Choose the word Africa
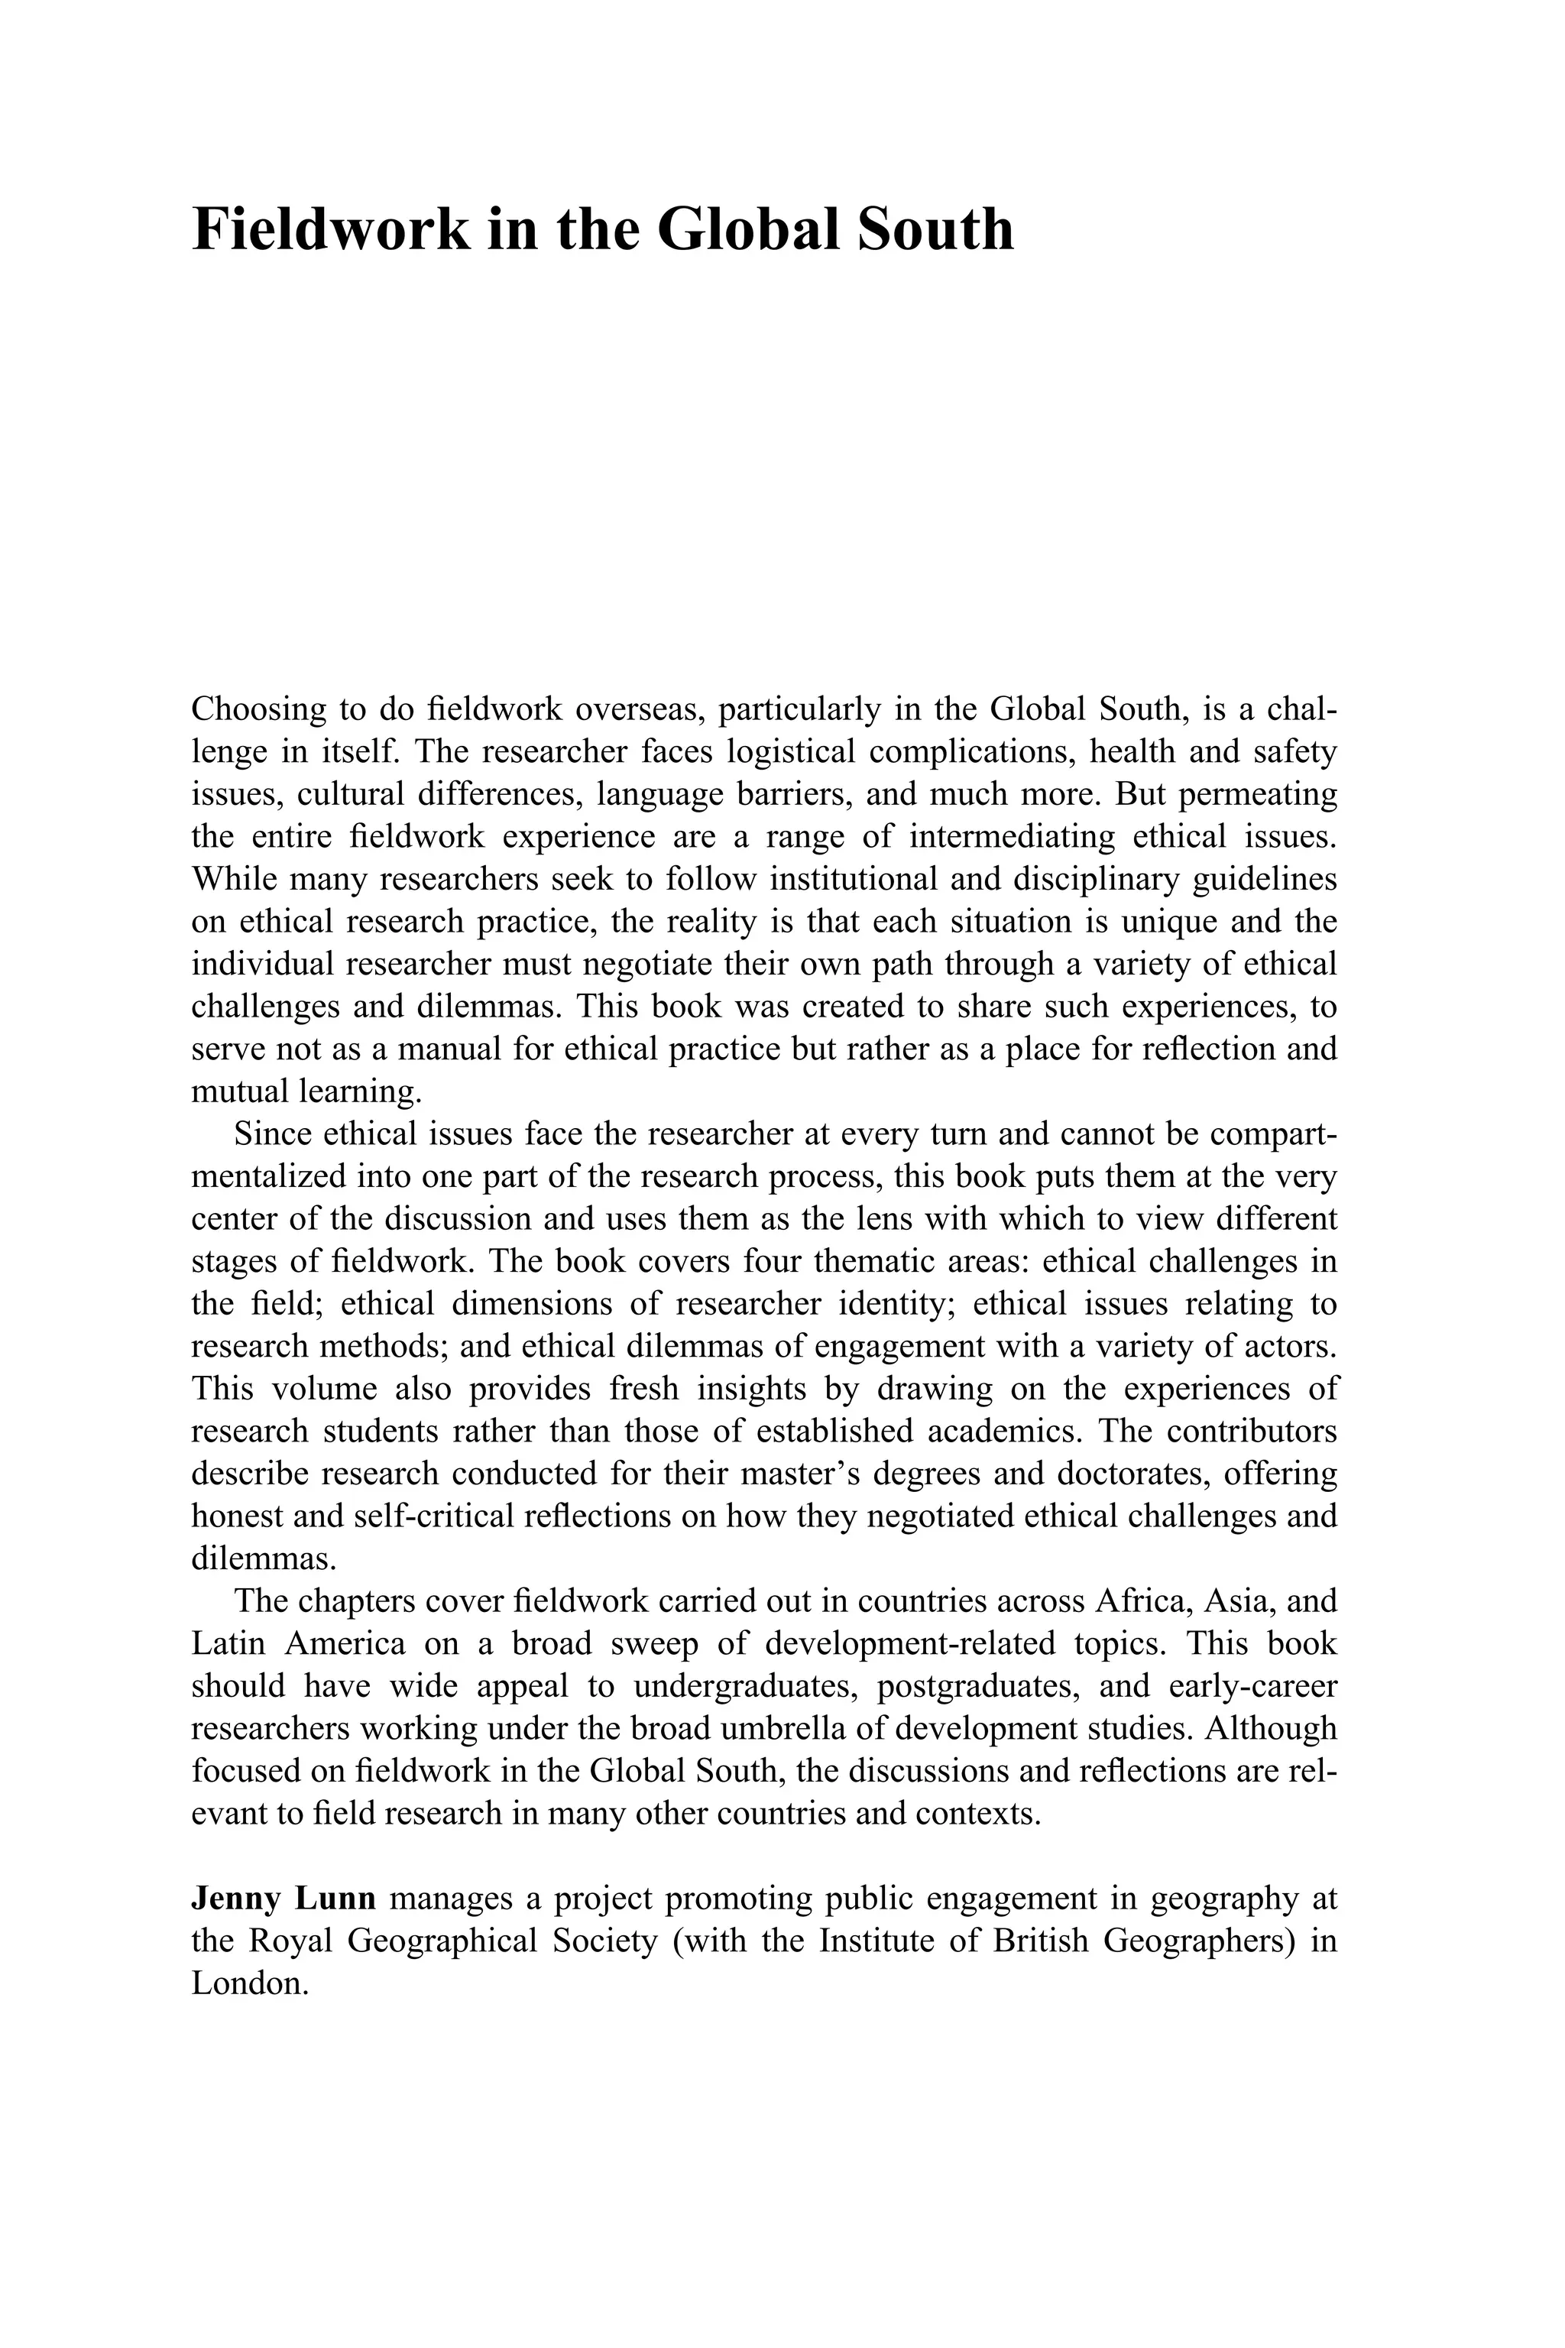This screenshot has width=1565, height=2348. (x=1140, y=1602)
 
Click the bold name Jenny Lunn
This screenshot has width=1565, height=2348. (x=284, y=1899)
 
